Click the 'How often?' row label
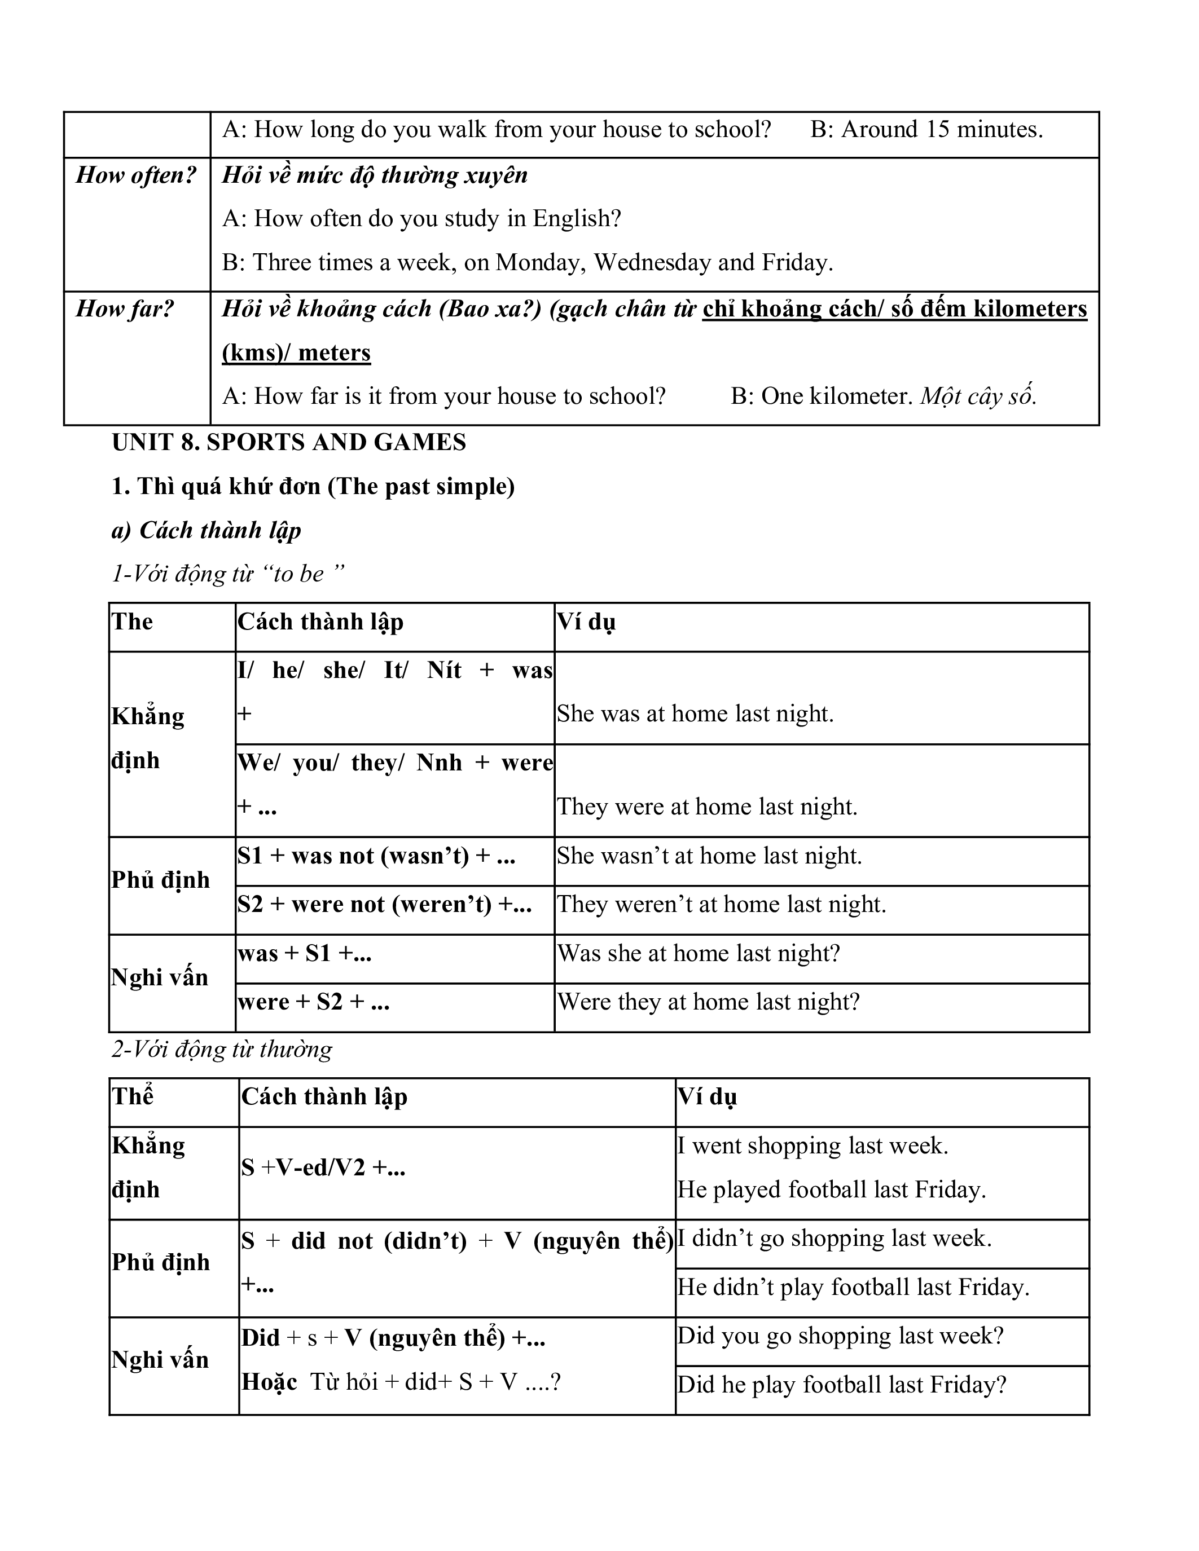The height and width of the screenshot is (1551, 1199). [135, 175]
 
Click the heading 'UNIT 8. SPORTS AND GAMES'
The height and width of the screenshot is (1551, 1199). [288, 442]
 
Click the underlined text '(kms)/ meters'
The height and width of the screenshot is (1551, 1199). [296, 353]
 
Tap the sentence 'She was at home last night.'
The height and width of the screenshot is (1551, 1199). [695, 713]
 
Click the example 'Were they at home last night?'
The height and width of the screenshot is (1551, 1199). [708, 1002]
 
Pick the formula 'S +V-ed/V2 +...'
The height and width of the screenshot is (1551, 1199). [323, 1167]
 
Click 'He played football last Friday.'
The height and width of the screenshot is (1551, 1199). [831, 1189]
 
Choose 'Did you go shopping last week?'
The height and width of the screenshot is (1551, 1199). [840, 1336]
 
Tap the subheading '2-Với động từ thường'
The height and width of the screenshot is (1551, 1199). [222, 1049]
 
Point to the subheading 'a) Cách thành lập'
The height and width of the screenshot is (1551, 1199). [206, 531]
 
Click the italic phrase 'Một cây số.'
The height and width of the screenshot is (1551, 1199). [978, 396]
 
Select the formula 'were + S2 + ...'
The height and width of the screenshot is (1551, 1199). [313, 1002]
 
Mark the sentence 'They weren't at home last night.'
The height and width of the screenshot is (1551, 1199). [721, 905]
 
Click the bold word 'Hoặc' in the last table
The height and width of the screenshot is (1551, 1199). [269, 1381]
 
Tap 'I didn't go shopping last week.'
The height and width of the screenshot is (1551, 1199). [834, 1239]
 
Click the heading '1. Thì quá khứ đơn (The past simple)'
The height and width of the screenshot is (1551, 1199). [313, 487]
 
